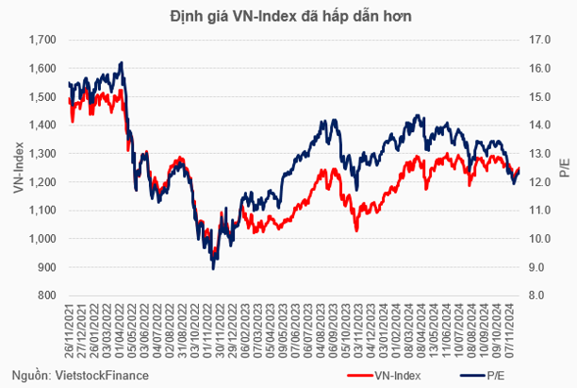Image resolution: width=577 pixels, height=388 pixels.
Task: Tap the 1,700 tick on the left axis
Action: [43, 40]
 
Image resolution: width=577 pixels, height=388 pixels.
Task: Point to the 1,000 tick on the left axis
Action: [43, 239]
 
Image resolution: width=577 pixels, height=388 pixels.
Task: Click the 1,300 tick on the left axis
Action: [43, 153]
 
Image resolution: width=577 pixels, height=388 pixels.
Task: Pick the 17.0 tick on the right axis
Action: [540, 40]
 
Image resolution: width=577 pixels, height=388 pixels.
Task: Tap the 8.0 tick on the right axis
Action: [537, 295]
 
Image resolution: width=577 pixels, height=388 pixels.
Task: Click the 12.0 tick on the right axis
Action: [540, 181]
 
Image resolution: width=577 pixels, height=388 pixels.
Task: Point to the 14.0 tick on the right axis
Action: [540, 125]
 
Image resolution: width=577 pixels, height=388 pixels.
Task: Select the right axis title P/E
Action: [564, 168]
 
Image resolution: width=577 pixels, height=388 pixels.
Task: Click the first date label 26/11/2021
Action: [71, 330]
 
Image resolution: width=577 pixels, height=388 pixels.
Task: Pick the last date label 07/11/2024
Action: [510, 330]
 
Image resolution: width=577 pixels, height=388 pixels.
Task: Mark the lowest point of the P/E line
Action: [213, 269]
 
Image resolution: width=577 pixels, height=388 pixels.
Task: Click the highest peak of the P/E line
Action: [121, 63]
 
